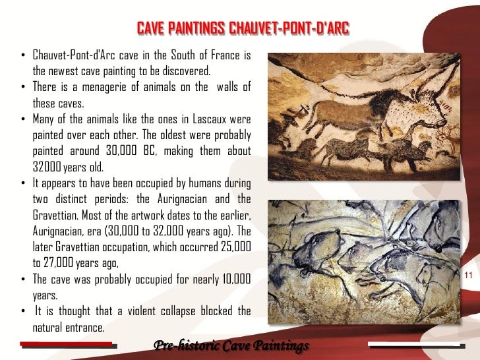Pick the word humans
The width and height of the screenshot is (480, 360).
coord(202,183)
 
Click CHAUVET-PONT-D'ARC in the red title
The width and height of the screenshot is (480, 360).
coord(288,28)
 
